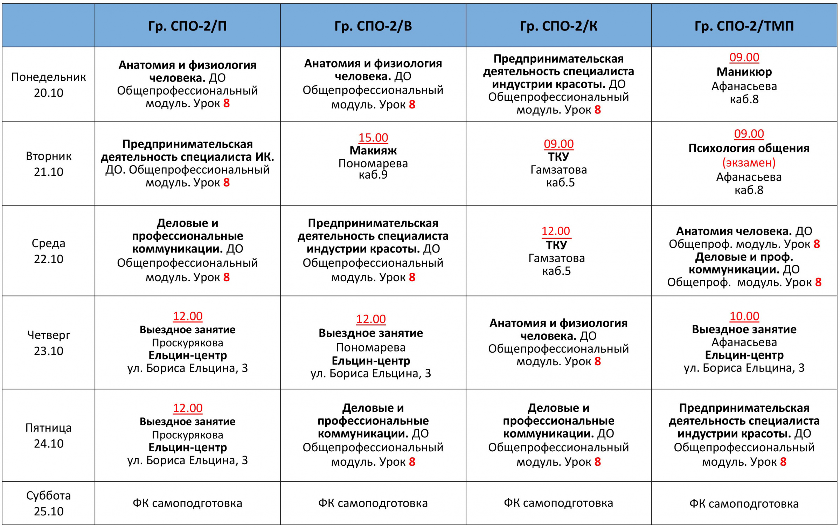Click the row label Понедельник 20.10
[48, 85]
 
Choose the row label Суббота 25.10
[48, 503]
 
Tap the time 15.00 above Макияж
[373, 138]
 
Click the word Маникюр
[744, 72]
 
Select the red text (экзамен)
[749, 162]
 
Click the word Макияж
[373, 151]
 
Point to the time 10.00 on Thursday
[744, 316]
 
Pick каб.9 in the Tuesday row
[373, 175]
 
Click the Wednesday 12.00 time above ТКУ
[556, 231]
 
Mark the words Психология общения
[749, 148]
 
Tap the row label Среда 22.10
[48, 251]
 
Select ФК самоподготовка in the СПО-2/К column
[558, 503]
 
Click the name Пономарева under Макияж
[373, 164]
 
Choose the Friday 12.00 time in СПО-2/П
[187, 408]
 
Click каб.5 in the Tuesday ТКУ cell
[560, 183]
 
